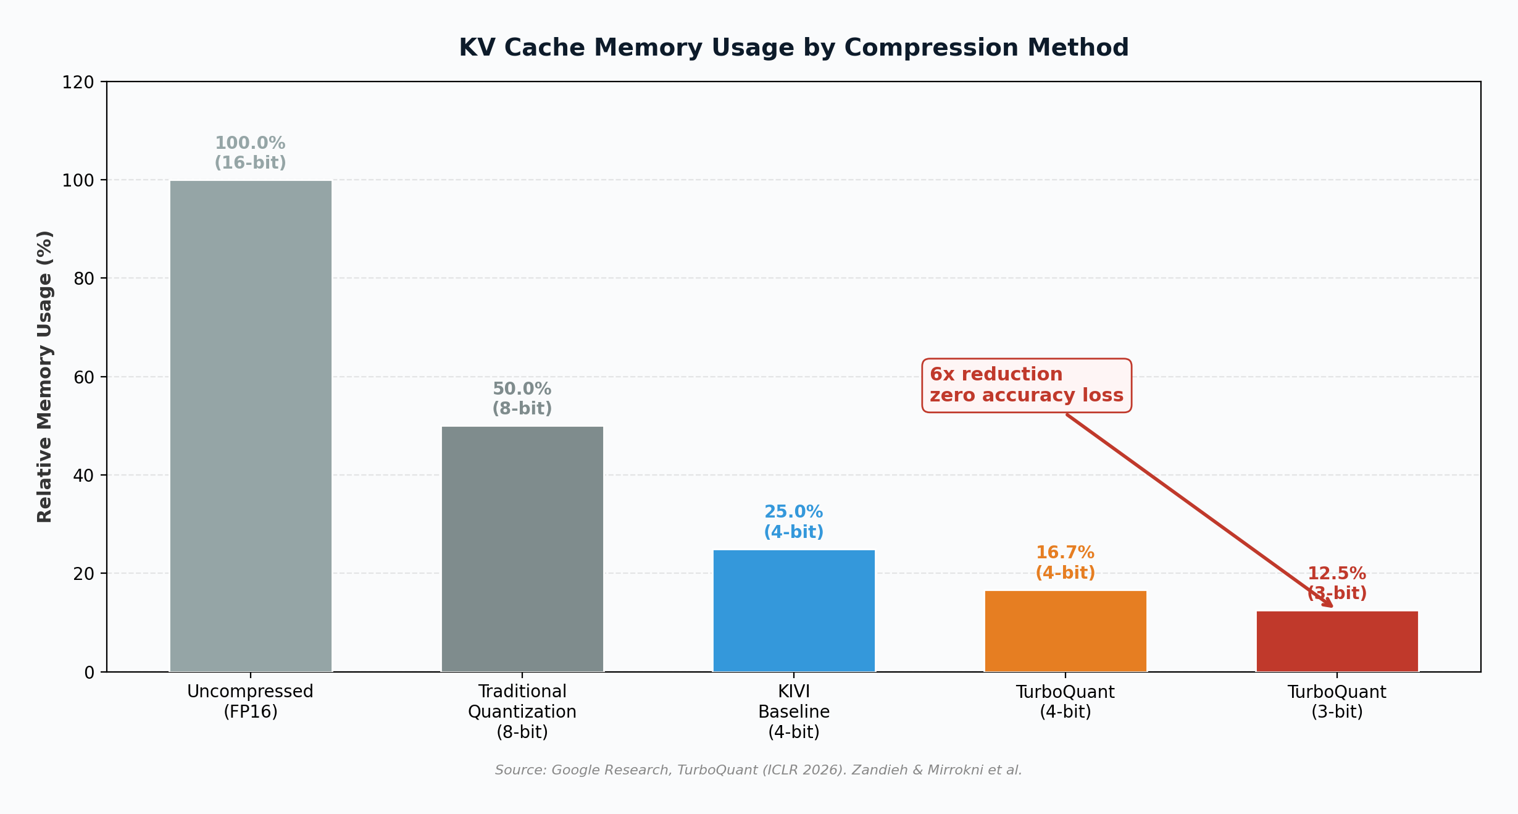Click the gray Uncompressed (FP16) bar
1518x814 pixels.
coord(251,426)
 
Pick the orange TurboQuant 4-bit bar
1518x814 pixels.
coord(1066,631)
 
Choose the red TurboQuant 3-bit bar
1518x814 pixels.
coord(1337,642)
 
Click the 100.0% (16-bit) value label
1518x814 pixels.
coord(250,153)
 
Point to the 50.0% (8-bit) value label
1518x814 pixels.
coord(522,398)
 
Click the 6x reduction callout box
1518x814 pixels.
coord(1026,385)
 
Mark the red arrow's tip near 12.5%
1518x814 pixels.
coord(1332,606)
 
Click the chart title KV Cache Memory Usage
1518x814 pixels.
coord(793,48)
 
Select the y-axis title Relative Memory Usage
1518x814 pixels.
coord(45,377)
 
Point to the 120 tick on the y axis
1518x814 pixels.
coord(78,82)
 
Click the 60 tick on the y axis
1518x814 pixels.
coord(83,377)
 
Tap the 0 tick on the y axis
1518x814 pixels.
coord(90,673)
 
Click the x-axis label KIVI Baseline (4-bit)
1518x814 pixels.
coord(794,711)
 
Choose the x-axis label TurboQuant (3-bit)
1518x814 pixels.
coord(1337,702)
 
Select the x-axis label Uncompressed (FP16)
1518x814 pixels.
coord(250,702)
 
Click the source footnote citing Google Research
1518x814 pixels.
coord(758,770)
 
